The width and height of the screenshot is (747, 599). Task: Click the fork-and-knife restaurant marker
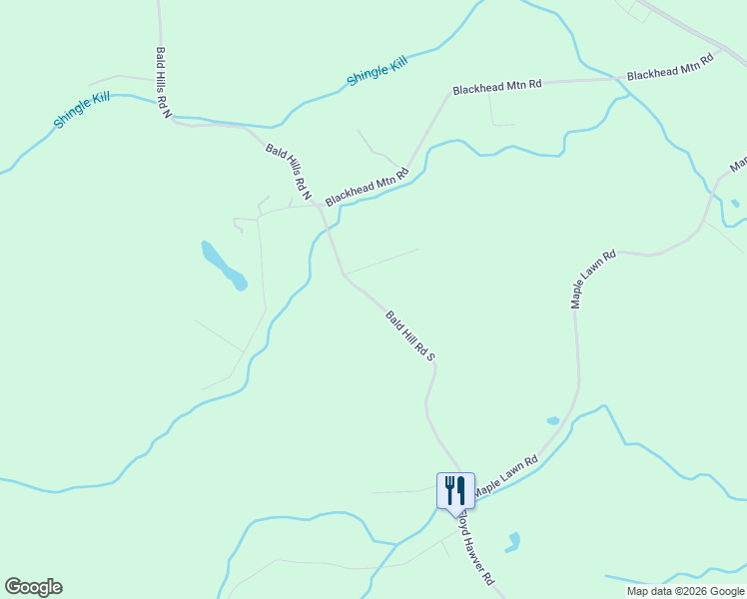coord(455,490)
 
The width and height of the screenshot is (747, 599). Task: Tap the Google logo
coord(33,587)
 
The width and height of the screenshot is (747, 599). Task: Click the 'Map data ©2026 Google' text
coord(685,591)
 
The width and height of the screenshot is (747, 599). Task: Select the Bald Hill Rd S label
coord(411,334)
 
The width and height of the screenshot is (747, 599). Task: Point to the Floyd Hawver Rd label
coord(473,549)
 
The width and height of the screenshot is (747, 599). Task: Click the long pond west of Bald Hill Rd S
coord(224,265)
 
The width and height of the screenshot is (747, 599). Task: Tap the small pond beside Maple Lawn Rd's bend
coord(553,420)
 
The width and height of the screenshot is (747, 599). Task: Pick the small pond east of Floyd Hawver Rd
coord(513,542)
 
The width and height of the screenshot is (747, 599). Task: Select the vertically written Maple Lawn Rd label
coord(593,279)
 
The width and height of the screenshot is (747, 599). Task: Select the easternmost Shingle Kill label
coord(377,71)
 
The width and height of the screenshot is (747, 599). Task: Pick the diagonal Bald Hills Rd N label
coord(289,171)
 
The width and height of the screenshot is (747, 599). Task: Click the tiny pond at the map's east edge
coord(735,204)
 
